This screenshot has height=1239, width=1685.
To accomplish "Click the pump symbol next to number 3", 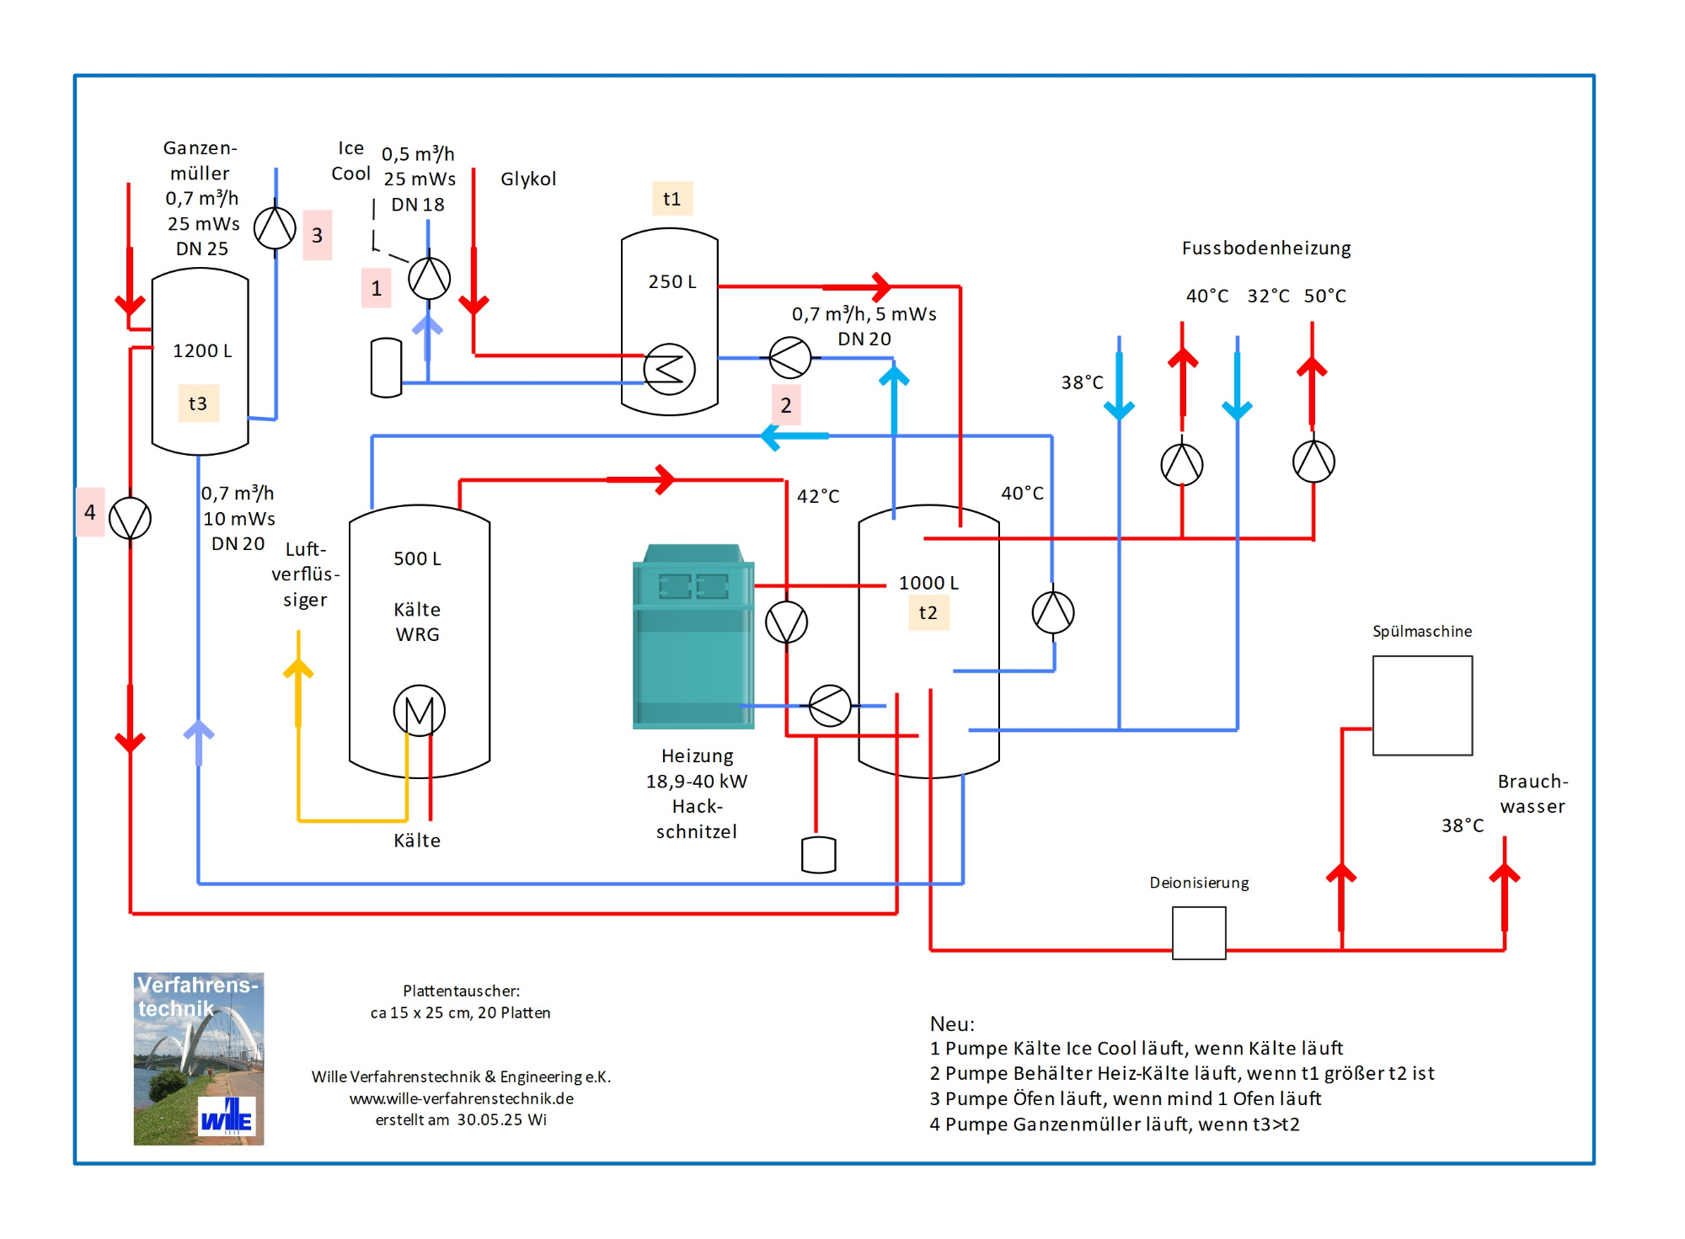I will pyautogui.click(x=275, y=227).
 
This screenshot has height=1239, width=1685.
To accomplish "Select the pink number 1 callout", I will pyautogui.click(x=376, y=288).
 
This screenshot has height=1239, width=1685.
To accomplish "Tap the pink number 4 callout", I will pyautogui.click(x=90, y=512).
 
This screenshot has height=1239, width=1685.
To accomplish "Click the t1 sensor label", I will pyautogui.click(x=671, y=199).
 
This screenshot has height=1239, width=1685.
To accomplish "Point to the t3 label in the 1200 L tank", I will pyautogui.click(x=198, y=403).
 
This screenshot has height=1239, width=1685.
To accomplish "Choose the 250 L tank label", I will pyautogui.click(x=671, y=281).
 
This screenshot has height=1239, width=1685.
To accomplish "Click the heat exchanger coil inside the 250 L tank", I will pyautogui.click(x=669, y=369).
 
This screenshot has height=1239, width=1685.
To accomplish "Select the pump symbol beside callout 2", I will pyautogui.click(x=790, y=358).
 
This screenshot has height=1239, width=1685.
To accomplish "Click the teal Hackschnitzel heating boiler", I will pyautogui.click(x=693, y=637).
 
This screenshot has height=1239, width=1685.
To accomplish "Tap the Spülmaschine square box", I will pyautogui.click(x=1422, y=706).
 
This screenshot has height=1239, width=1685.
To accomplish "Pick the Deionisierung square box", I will pyautogui.click(x=1199, y=932).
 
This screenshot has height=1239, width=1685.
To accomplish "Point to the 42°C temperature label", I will pyautogui.click(x=818, y=496).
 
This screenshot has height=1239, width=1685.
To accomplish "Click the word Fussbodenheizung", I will pyautogui.click(x=1265, y=248).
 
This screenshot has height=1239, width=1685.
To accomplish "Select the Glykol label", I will pyautogui.click(x=528, y=179).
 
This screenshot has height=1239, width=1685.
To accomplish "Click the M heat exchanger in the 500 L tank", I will pyautogui.click(x=419, y=711).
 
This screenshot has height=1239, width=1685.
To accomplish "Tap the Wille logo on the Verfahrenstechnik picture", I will pyautogui.click(x=227, y=1118).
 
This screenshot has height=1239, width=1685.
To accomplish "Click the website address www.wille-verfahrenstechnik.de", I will pyautogui.click(x=461, y=1098).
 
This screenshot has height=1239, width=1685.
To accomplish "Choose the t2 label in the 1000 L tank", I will pyautogui.click(x=928, y=613).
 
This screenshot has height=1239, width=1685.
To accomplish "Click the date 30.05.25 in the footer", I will pyautogui.click(x=491, y=1120).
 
